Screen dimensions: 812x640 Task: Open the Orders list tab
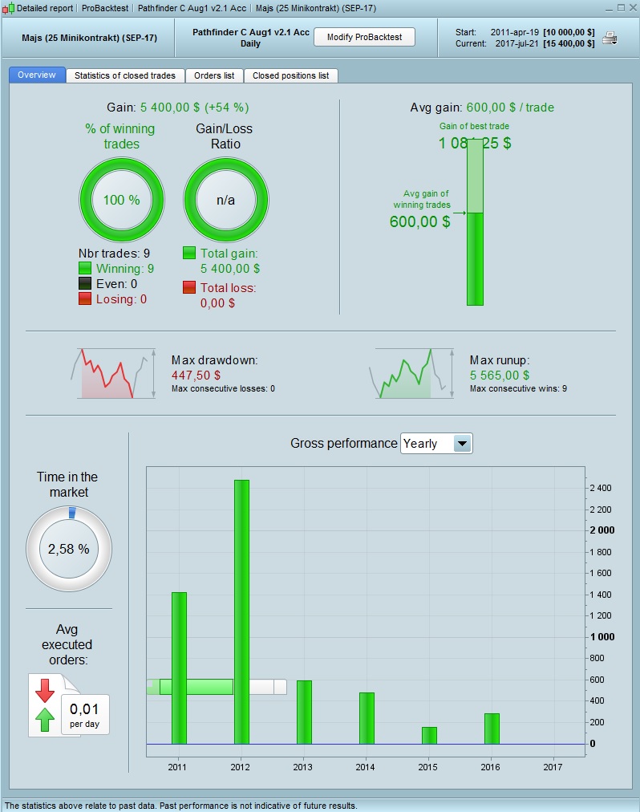click(x=214, y=75)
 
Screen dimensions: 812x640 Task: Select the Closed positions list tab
click(x=290, y=75)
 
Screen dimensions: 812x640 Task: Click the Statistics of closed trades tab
click(x=124, y=75)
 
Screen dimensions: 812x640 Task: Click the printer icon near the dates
click(x=610, y=38)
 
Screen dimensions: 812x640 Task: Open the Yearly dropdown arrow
click(x=463, y=444)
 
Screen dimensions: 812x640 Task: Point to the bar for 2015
click(x=429, y=735)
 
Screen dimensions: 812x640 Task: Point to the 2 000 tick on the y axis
click(x=601, y=530)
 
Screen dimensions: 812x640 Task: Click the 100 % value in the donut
click(x=121, y=200)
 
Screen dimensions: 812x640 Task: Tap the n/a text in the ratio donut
click(x=225, y=200)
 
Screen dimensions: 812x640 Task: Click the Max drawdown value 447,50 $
click(x=196, y=375)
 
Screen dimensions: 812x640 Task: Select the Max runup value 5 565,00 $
click(x=500, y=375)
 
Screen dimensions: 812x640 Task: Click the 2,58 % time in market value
click(x=68, y=550)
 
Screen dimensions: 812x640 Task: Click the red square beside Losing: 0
click(x=85, y=298)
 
